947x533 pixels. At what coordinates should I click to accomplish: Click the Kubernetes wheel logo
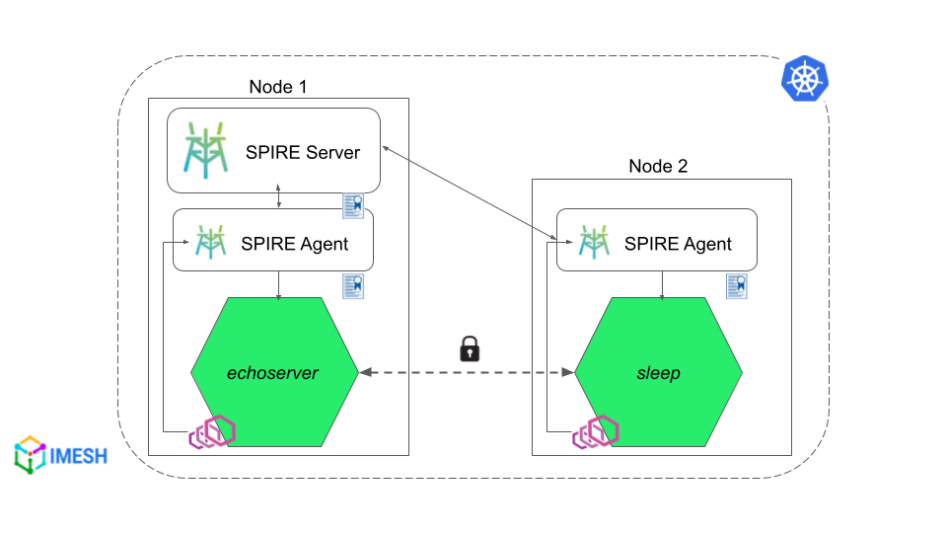pos(805,78)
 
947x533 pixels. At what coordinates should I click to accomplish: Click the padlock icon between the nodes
pos(470,348)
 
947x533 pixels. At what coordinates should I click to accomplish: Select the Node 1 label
pos(278,87)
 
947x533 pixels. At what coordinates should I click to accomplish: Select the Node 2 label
pos(658,166)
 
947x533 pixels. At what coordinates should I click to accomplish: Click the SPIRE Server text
pos(303,153)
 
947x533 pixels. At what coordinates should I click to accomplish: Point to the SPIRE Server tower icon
pos(207,151)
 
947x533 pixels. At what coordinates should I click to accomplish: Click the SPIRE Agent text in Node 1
pos(295,243)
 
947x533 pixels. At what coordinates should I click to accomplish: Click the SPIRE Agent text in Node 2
pos(679,243)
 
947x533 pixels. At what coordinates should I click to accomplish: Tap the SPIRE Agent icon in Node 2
pos(594,242)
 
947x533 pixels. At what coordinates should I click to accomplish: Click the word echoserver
pos(278,373)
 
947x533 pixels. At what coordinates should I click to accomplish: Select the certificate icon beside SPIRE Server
pos(353,205)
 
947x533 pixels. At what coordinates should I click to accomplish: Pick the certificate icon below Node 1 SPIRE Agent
pos(353,285)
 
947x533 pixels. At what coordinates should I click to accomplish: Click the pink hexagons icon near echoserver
pos(213,432)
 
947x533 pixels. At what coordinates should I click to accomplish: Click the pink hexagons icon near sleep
pos(595,432)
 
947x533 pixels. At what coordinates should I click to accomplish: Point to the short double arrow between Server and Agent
pos(279,195)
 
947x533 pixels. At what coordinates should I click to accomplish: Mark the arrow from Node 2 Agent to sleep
pos(661,283)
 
